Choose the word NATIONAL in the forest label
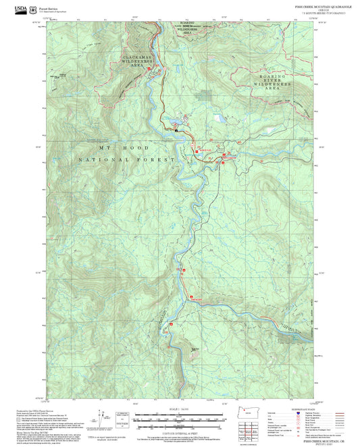click(101, 159)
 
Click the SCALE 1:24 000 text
click(180, 408)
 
